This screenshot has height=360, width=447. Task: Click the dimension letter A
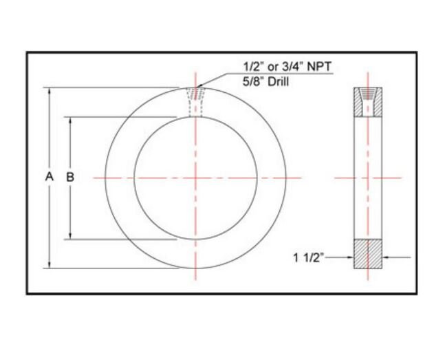click(x=49, y=177)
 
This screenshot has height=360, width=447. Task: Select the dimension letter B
click(x=70, y=177)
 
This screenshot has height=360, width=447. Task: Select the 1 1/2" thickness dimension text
click(x=307, y=257)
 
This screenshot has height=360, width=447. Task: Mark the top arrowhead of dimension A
click(x=49, y=90)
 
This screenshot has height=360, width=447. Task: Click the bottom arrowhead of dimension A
click(x=49, y=265)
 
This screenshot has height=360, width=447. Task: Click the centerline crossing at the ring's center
click(x=195, y=178)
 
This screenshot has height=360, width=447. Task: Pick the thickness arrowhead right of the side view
click(x=386, y=257)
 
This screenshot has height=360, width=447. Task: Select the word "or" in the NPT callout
click(x=272, y=67)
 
